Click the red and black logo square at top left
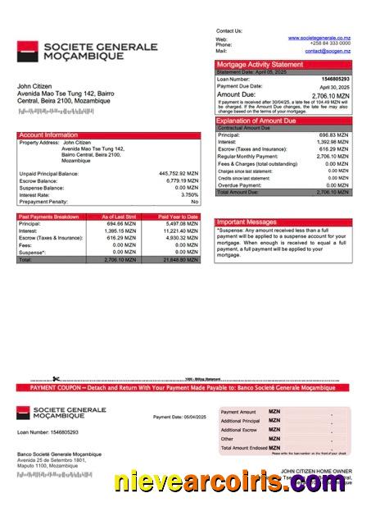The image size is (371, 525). [25, 52]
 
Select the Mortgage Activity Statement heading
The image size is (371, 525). [259, 64]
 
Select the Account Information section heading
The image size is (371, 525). [48, 135]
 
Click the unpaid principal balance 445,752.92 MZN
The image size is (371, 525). [179, 174]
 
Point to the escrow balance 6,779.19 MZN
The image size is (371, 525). [182, 180]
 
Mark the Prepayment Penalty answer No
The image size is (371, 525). [195, 201]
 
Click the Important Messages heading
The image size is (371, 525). [247, 222]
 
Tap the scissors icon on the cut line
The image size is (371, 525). [56, 379]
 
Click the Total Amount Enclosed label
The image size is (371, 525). [242, 448]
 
